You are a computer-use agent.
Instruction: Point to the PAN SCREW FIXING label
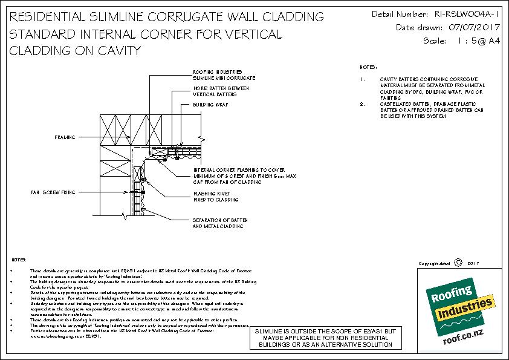coord(54,192)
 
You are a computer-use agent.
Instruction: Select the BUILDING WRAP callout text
coord(206,104)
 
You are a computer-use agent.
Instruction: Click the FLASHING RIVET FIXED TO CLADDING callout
coord(215,197)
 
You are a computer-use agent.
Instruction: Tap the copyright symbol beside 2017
coord(457,263)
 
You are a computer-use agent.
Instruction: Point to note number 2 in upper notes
coord(361,104)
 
